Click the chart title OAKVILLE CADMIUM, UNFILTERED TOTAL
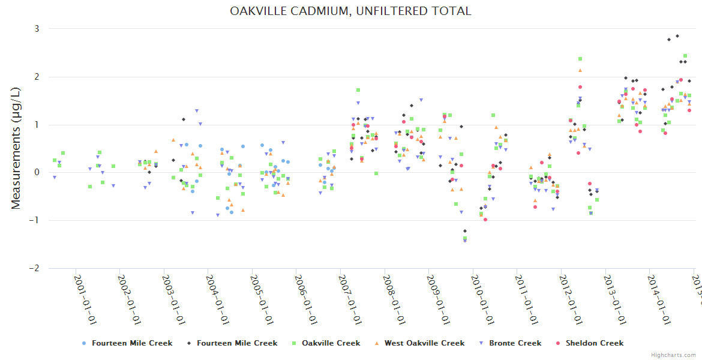point(350,11)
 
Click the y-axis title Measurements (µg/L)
point(16,148)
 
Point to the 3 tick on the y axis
point(37,29)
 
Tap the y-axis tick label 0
point(37,173)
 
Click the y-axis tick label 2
point(37,77)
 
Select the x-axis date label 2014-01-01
point(659,298)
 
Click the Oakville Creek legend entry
point(331,343)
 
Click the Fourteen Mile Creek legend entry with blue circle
point(131,343)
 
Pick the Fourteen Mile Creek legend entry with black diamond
point(236,343)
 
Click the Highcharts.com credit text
point(673,355)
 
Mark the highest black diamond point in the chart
point(677,36)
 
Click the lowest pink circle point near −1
point(485,220)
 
